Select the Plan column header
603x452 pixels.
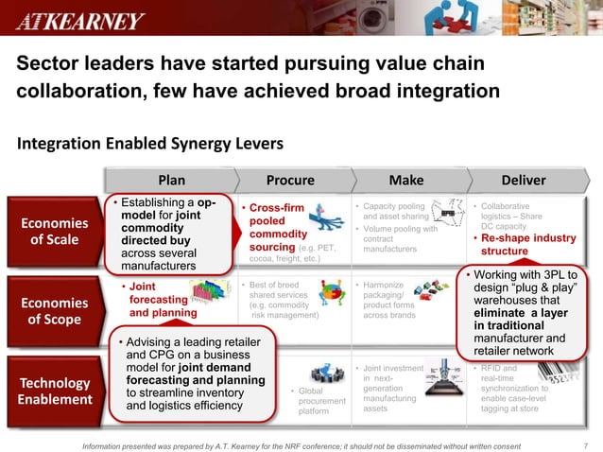pyautogui.click(x=171, y=180)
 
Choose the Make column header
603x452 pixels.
pyautogui.click(x=406, y=180)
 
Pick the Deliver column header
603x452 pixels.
pyautogui.click(x=523, y=180)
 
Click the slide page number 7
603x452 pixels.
pyautogui.click(x=587, y=445)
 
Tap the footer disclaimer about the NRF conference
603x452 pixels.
pyautogui.click(x=301, y=445)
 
